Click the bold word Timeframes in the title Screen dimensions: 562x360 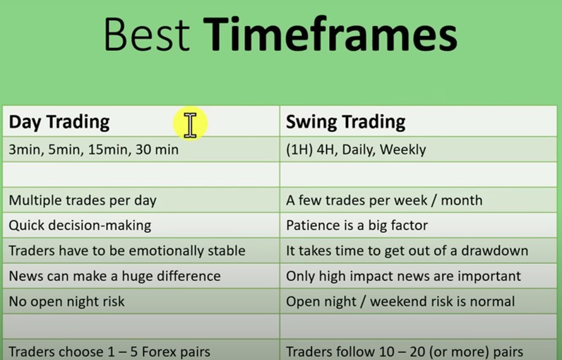tap(330, 35)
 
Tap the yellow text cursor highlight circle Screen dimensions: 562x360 tap(191, 124)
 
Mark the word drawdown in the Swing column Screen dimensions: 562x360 tap(495, 251)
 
